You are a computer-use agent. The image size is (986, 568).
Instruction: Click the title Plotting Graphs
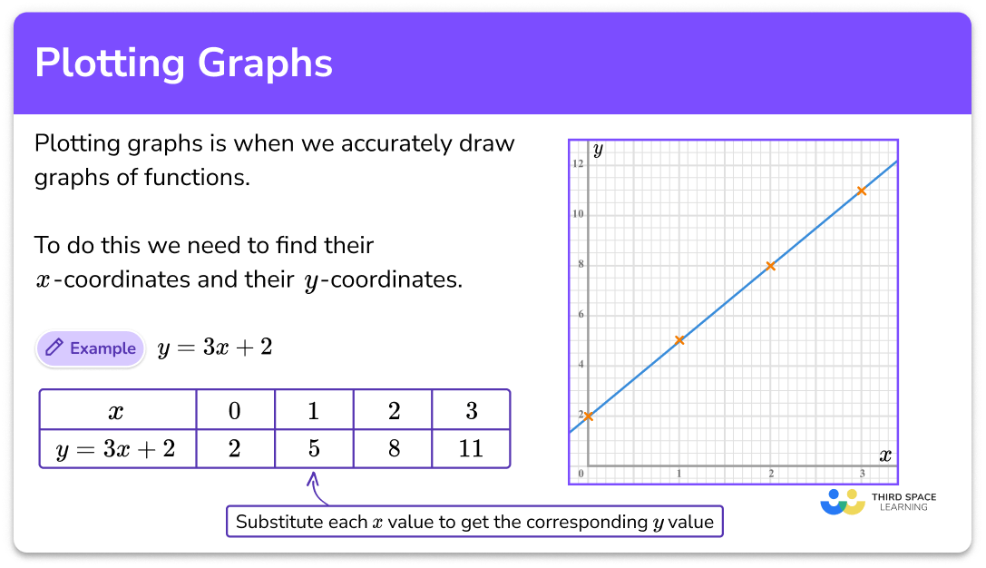pos(183,64)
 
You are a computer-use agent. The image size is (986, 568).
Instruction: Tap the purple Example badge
pos(91,348)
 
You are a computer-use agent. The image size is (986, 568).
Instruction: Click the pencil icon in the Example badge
pos(54,348)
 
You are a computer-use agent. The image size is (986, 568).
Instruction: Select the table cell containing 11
pos(471,448)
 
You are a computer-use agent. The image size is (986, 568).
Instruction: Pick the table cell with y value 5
pos(314,448)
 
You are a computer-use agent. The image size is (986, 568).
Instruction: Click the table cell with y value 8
pos(393,448)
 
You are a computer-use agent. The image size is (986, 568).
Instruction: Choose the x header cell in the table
pos(117,411)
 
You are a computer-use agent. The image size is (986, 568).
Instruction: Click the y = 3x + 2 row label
pos(117,448)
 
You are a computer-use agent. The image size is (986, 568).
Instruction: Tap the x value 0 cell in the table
pos(235,411)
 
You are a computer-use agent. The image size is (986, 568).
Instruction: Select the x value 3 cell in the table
pos(471,411)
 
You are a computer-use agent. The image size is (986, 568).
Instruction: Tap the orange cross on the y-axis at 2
pos(589,416)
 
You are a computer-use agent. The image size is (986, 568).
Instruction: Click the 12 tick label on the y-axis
pos(578,164)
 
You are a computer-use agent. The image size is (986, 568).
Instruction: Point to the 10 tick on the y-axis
pos(578,214)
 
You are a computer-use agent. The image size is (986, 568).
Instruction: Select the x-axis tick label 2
pos(771,475)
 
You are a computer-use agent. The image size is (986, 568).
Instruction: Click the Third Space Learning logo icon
pos(842,502)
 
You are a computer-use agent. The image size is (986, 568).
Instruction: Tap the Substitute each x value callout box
pos(474,522)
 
